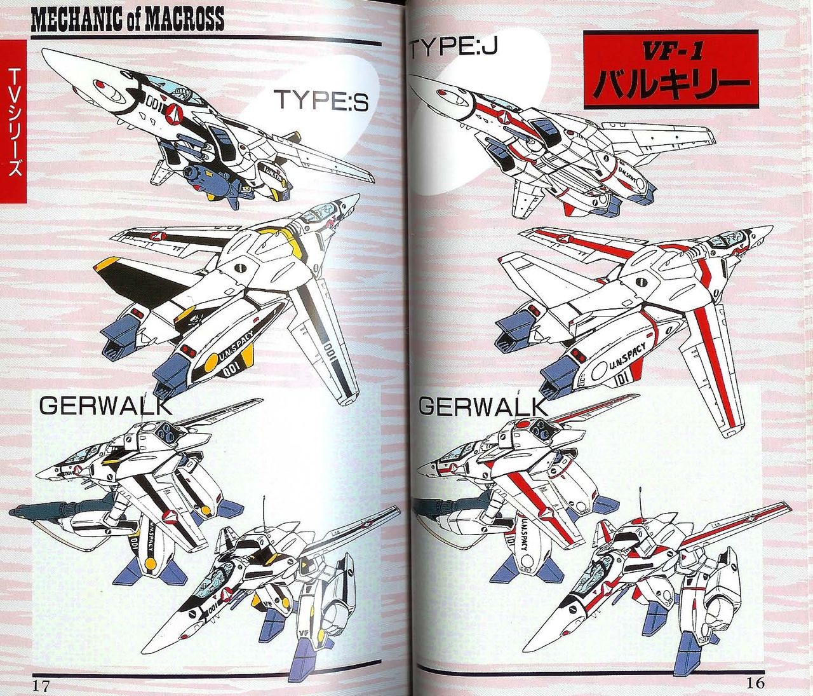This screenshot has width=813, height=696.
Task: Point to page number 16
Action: pyautogui.click(x=755, y=683)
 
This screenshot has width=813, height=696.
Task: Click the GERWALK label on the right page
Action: pyautogui.click(x=483, y=406)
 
